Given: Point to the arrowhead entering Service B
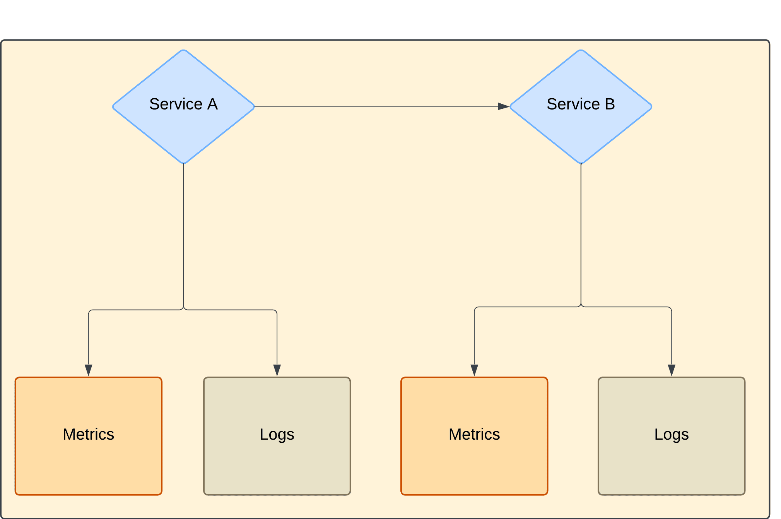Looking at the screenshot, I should [503, 106].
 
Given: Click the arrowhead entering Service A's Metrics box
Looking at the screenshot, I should [89, 370].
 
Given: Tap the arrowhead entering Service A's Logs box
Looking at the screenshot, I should [277, 370].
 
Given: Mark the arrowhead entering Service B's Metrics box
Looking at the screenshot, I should [474, 370].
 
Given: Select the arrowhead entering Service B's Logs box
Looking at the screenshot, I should [672, 370].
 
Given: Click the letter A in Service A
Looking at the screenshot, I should [212, 104].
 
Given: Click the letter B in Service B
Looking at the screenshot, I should [610, 104].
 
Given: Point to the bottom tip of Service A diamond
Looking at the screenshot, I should [183, 163].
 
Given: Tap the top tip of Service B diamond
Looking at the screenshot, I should [581, 50].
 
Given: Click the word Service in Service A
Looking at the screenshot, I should [176, 104].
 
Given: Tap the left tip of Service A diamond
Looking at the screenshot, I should [113, 106].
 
